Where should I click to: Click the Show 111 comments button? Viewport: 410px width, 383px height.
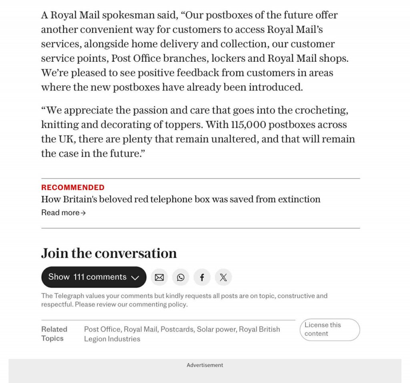[x=94, y=277]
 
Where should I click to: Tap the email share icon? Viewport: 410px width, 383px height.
[x=159, y=277]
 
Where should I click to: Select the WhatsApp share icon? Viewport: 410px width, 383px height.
[x=181, y=277]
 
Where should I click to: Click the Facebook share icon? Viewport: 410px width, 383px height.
[x=202, y=277]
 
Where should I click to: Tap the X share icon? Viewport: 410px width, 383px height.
[x=223, y=277]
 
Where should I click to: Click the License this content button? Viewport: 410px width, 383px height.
[x=330, y=329]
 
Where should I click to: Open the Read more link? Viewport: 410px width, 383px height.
[x=63, y=213]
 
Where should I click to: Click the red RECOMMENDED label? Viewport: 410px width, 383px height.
[x=73, y=187]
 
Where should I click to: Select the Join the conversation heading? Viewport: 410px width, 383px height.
[x=109, y=253]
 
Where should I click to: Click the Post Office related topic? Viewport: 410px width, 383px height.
[x=102, y=329]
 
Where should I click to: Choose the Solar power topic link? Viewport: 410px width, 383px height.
[x=216, y=329]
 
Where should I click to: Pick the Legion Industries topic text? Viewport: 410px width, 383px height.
[x=112, y=339]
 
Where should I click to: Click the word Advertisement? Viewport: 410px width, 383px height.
[x=205, y=365]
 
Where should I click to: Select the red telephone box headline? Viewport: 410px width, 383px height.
[x=181, y=199]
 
